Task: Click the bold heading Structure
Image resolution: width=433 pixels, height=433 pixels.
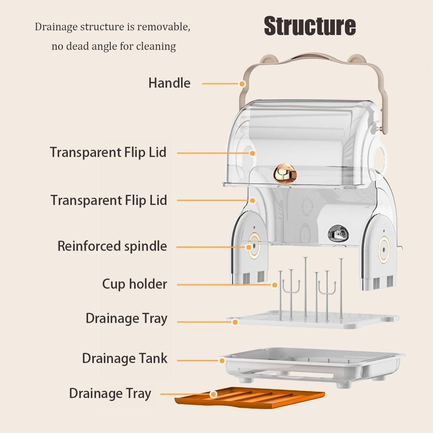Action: tap(310, 26)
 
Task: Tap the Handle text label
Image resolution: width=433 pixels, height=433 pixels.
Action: tap(169, 83)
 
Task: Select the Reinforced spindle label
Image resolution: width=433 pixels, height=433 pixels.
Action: tap(112, 246)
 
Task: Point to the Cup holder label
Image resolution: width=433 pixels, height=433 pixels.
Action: tap(134, 284)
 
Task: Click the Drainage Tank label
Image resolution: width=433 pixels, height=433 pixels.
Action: tap(124, 358)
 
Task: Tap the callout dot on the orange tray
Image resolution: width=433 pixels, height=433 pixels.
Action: tap(214, 394)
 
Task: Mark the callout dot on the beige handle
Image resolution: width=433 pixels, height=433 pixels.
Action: tap(242, 84)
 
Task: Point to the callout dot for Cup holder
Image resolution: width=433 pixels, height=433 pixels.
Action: tap(274, 285)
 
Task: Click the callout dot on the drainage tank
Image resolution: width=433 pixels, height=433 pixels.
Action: tap(222, 360)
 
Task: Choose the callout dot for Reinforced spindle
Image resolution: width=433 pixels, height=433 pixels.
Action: tap(249, 247)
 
